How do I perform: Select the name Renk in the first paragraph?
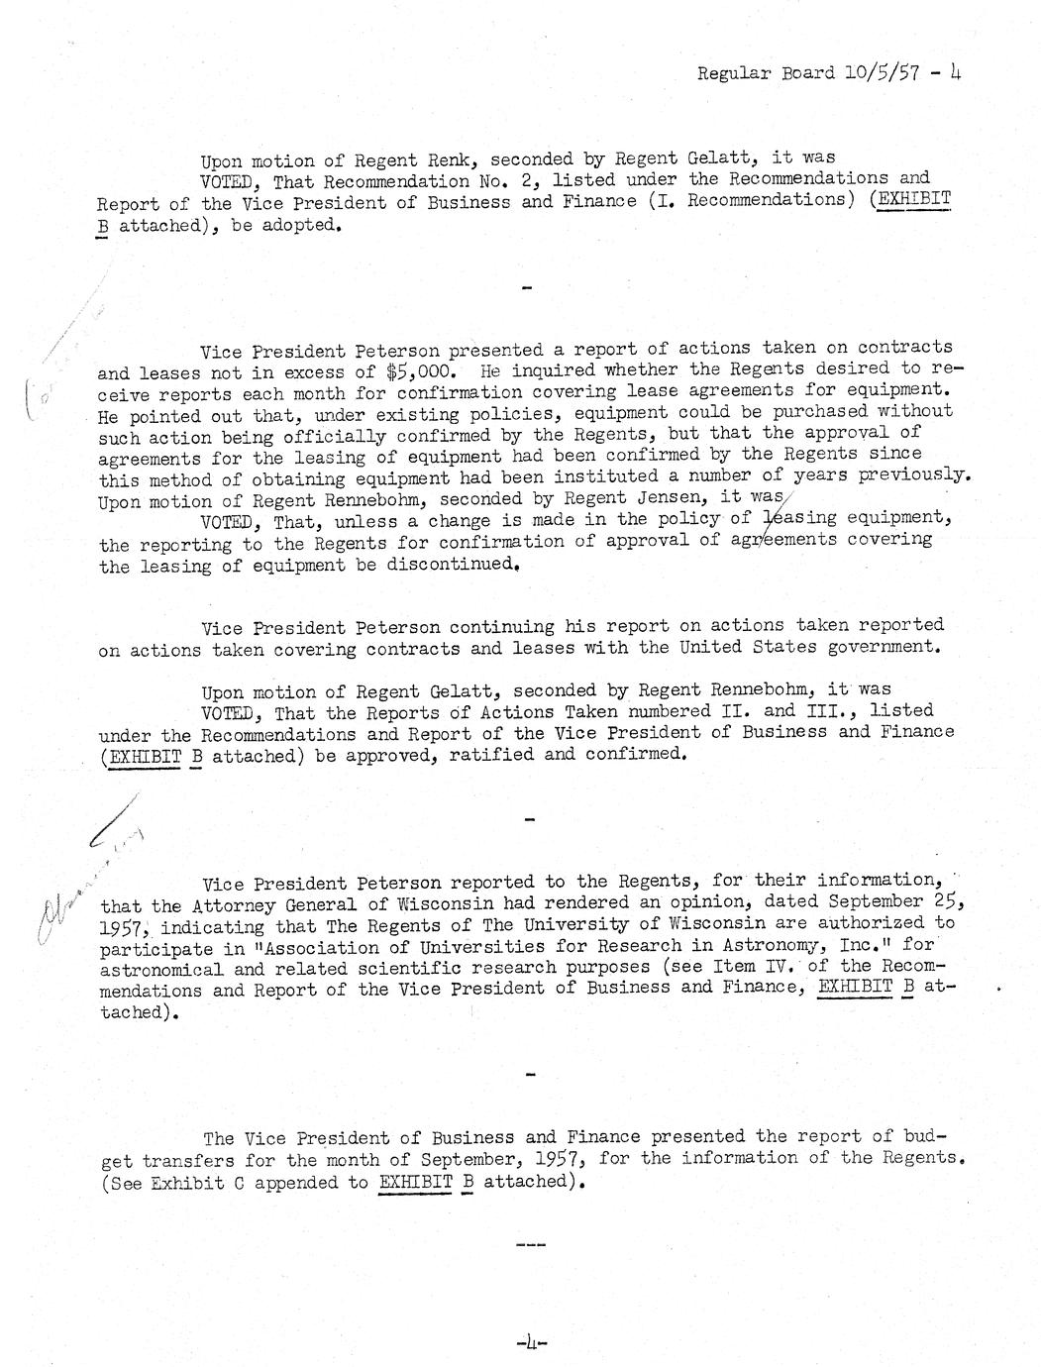tap(452, 159)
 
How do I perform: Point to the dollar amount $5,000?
tap(420, 371)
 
